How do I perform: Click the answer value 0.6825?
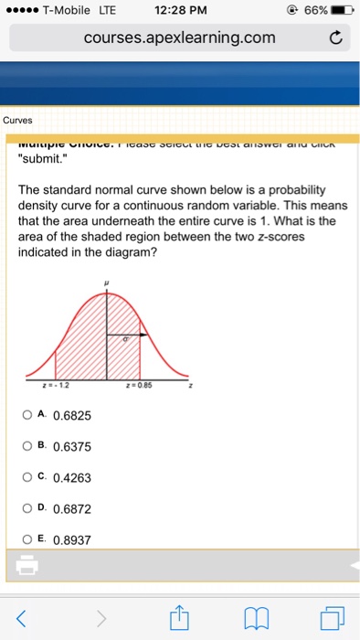pos(72,416)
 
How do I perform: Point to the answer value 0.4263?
pos(72,478)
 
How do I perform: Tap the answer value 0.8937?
pos(72,540)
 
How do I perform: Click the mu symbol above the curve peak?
pos(108,283)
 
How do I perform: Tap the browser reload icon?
pos(336,38)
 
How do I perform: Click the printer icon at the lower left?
pos(26,568)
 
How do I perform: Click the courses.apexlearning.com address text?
pos(179,38)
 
